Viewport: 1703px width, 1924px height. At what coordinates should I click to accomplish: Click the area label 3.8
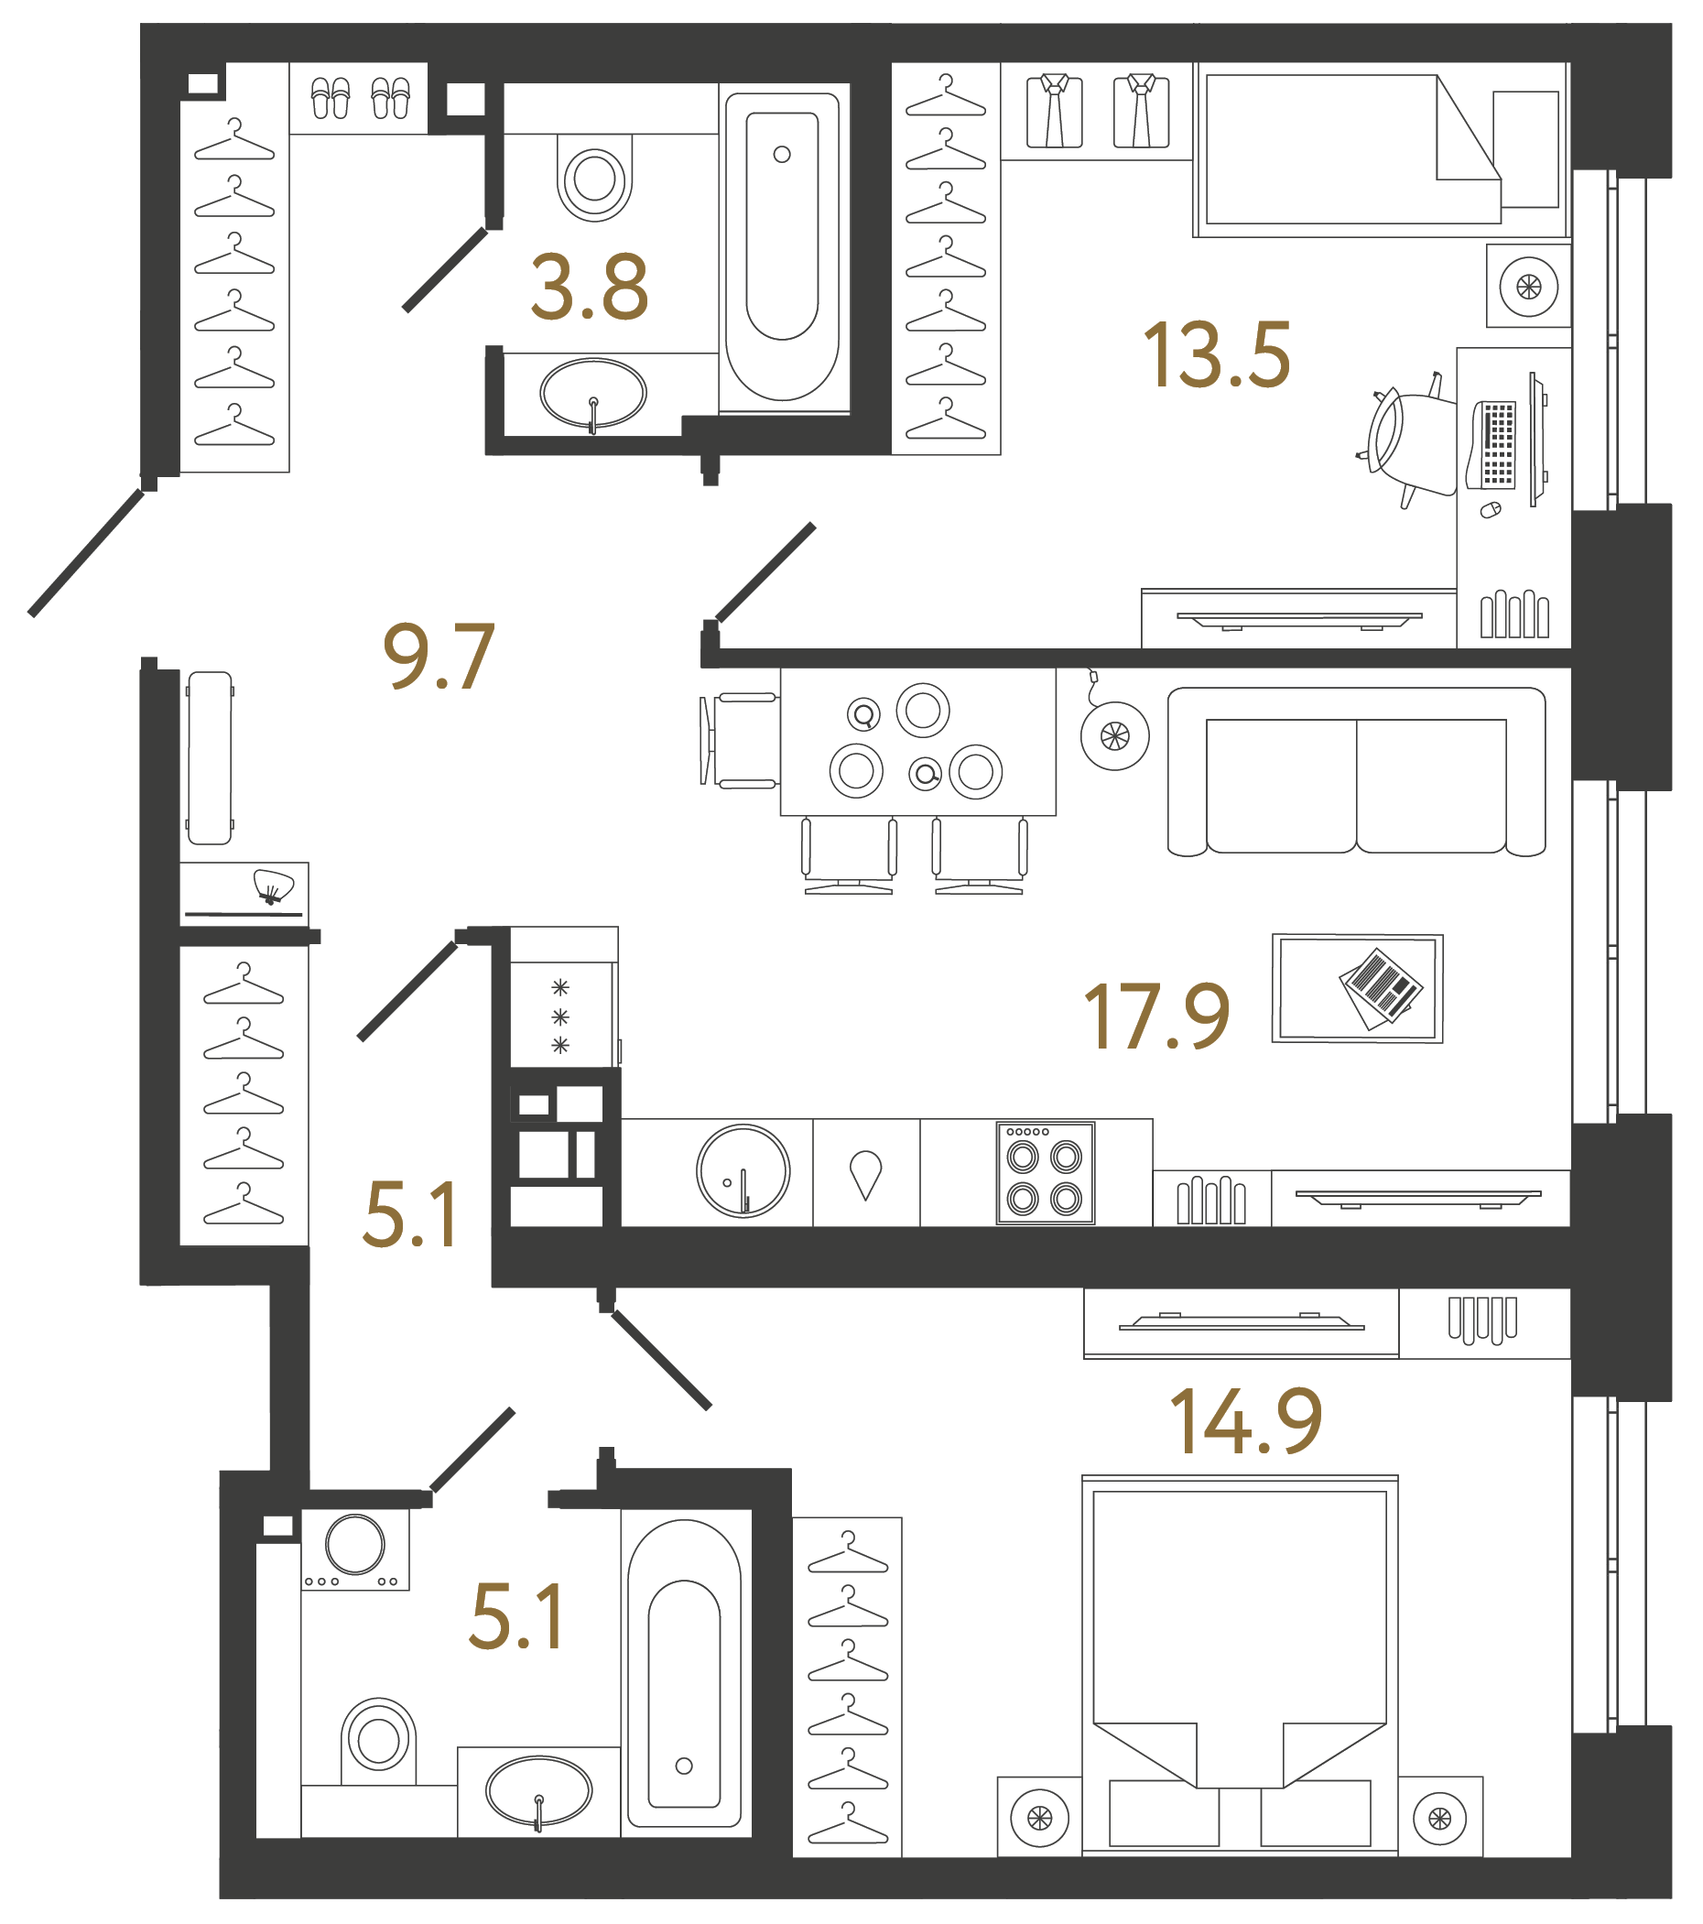pyautogui.click(x=589, y=288)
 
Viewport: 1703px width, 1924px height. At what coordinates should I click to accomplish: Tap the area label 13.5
pyautogui.click(x=1216, y=356)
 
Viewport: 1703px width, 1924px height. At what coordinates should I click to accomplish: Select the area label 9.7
pyautogui.click(x=439, y=656)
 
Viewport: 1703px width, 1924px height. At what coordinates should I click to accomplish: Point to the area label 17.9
pyautogui.click(x=1156, y=1016)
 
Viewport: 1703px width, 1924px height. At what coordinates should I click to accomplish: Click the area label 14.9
pyautogui.click(x=1245, y=1421)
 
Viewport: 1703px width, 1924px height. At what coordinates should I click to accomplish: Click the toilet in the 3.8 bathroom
pyautogui.click(x=593, y=178)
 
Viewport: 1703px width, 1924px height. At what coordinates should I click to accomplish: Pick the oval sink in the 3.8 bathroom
pyautogui.click(x=592, y=394)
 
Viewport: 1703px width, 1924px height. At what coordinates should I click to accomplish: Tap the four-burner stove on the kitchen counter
pyautogui.click(x=1045, y=1173)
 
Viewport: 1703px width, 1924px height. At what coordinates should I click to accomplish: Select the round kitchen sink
pyautogui.click(x=743, y=1171)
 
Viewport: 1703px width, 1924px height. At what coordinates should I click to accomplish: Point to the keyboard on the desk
pyautogui.click(x=1497, y=443)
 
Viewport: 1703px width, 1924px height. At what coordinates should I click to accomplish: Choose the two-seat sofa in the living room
pyautogui.click(x=1356, y=772)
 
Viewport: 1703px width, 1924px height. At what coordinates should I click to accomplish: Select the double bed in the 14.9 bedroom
pyautogui.click(x=1239, y=1661)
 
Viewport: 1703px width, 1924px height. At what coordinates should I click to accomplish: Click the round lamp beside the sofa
pyautogui.click(x=1114, y=736)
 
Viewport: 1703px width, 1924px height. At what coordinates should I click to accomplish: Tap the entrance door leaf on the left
pyautogui.click(x=87, y=553)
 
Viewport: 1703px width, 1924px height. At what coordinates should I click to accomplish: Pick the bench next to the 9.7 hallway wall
pyautogui.click(x=210, y=757)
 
